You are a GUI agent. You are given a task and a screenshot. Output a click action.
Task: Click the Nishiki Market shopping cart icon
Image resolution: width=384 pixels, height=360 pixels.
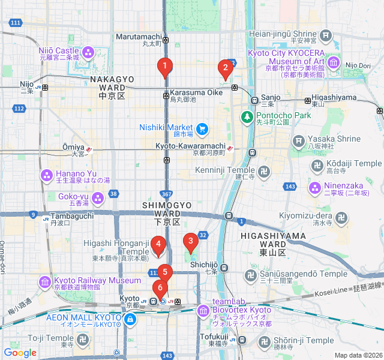click(x=202, y=127)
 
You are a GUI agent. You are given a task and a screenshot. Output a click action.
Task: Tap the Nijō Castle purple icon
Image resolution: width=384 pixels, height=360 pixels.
click(x=88, y=53)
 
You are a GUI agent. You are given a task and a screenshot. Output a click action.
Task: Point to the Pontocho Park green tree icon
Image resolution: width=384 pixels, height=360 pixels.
click(x=247, y=115)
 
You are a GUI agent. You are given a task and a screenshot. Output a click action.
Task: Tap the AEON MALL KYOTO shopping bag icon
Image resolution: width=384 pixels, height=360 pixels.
click(x=129, y=321)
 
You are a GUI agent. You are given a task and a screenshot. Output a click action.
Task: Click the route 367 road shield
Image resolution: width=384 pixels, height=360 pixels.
click(x=167, y=194)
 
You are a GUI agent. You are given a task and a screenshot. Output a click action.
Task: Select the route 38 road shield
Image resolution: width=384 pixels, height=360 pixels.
click(x=114, y=194)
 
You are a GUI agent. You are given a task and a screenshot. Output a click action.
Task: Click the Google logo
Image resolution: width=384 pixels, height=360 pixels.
click(x=20, y=353)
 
